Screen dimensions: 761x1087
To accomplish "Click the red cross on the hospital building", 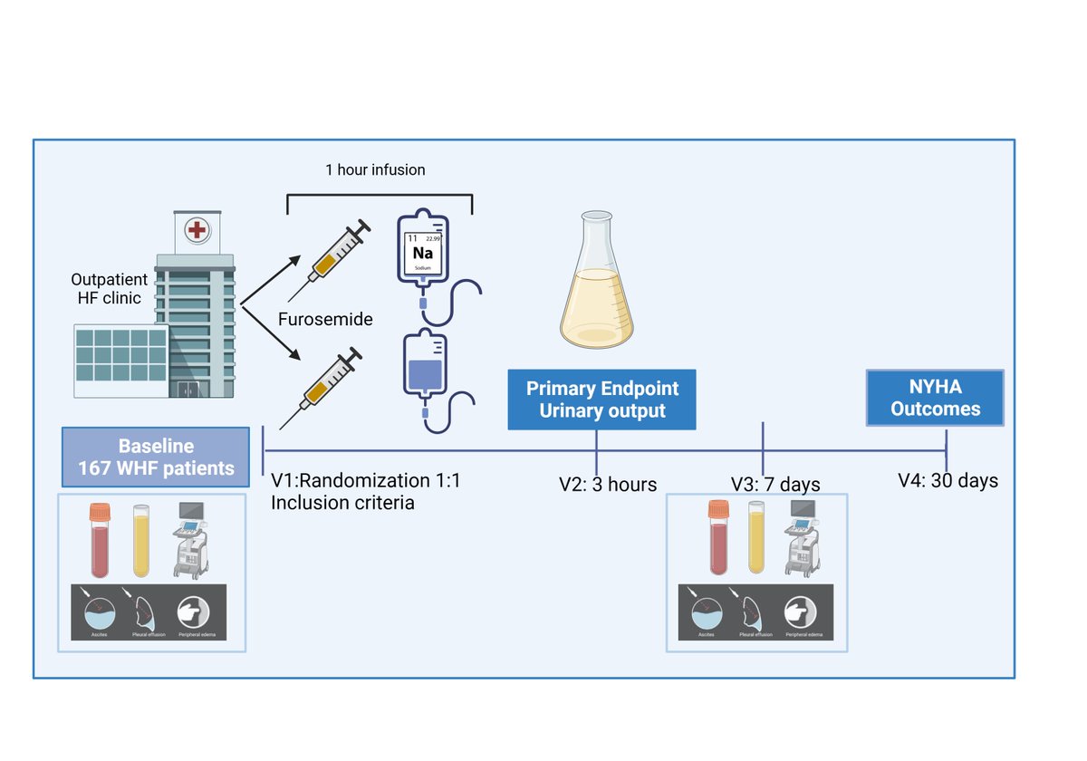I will tap(195, 230).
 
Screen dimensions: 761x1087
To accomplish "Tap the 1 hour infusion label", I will tap(375, 169).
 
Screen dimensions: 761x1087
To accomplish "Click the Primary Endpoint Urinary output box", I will tap(602, 400).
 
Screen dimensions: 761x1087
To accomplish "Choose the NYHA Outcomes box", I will tap(935, 398).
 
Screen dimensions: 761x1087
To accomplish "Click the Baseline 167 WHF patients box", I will tap(156, 457).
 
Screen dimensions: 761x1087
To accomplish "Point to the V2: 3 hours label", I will tap(608, 484).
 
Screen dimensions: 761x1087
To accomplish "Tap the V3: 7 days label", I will tap(776, 484).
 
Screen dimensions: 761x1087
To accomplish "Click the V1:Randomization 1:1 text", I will tap(365, 481).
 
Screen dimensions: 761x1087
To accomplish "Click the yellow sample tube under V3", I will tap(757, 540).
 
